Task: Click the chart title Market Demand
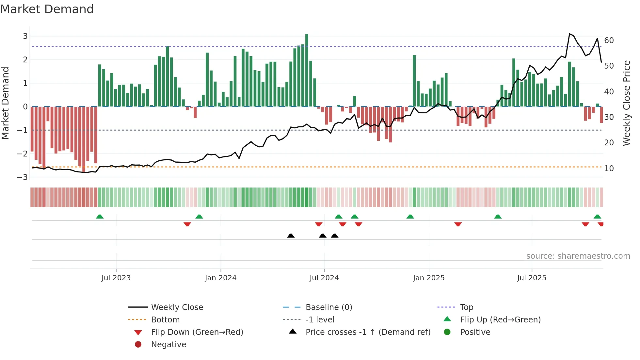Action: coord(47,9)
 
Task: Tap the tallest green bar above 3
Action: coord(307,70)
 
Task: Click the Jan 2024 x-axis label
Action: coord(221,278)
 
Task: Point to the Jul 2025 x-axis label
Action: coord(532,278)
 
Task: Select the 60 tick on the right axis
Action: coord(609,41)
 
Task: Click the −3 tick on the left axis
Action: coord(23,177)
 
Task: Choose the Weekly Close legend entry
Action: coord(177,307)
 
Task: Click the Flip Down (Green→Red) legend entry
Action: coord(197,332)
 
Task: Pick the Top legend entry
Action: coord(466,307)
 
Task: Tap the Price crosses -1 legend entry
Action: coord(368,332)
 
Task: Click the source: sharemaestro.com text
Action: coord(578,256)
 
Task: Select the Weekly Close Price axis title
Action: coord(626,103)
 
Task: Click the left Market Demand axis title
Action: coord(5,103)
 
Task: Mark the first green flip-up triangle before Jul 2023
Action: coord(100,217)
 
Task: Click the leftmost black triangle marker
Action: coord(291,236)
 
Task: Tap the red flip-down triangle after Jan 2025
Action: coord(458,224)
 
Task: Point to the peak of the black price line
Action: coord(569,34)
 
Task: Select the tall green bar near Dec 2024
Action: coord(414,81)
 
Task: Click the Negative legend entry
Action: coord(168,345)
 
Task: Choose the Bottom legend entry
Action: coord(165,320)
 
